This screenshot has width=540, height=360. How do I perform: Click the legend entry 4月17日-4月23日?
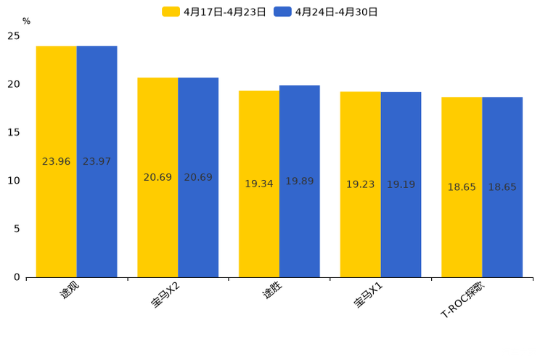[214, 12]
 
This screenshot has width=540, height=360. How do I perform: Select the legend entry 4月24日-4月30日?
[326, 12]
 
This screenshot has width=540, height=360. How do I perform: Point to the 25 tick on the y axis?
[14, 36]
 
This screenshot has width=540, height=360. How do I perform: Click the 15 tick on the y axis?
[14, 133]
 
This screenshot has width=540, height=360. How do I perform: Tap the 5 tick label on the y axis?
[17, 229]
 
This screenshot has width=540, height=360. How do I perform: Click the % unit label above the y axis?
[26, 22]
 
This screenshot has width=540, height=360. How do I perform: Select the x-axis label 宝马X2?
[166, 295]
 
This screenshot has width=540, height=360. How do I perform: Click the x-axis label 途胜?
[273, 292]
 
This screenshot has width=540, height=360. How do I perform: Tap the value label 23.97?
[97, 162]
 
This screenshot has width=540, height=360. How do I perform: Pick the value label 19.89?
[300, 181]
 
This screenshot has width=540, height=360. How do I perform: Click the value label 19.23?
[360, 185]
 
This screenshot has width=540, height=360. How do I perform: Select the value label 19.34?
[259, 184]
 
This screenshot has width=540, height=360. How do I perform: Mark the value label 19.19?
[401, 185]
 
